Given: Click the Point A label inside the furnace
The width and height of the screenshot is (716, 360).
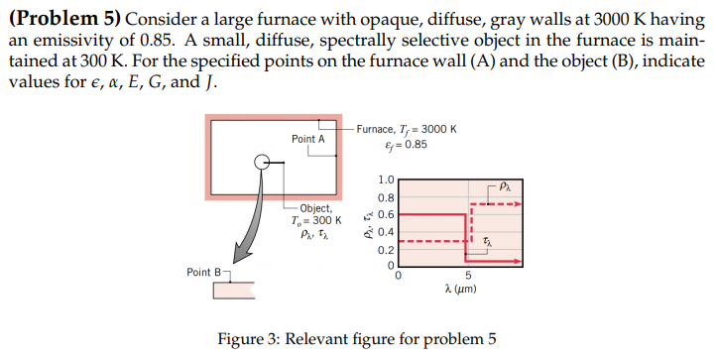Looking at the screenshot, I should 308,139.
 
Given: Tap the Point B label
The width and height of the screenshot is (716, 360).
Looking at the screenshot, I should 203,272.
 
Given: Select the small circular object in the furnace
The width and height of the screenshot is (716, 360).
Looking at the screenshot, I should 261,163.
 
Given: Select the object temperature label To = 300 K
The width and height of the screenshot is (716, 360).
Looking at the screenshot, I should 316,221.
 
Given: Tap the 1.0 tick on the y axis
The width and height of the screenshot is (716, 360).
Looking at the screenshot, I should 387,180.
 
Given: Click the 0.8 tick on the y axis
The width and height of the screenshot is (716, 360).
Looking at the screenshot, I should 387,198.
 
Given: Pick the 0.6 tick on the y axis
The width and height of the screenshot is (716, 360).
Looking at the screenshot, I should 387,214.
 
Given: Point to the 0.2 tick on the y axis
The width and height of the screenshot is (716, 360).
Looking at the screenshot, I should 387,249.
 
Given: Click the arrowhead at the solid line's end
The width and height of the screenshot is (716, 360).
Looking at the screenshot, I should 519,263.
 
